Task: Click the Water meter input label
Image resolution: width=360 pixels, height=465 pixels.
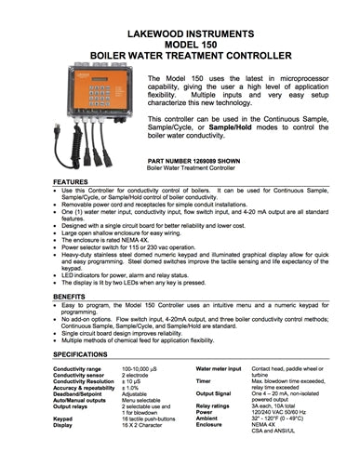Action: click(220, 370)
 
